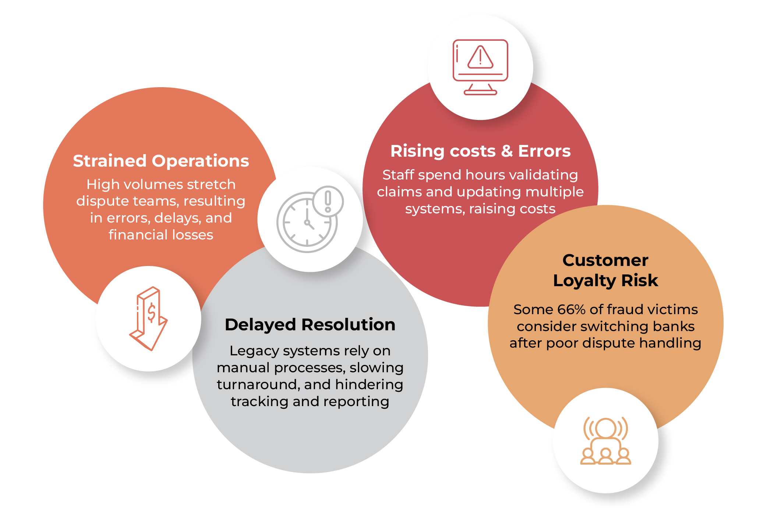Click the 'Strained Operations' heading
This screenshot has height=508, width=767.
[x=161, y=161]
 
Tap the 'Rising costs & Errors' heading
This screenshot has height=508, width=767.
[x=480, y=151]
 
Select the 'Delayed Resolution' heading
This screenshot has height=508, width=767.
[x=310, y=324]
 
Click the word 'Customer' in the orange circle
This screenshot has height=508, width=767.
[x=605, y=260]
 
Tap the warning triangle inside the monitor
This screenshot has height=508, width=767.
[x=480, y=58]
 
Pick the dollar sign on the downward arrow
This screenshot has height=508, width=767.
[x=151, y=313]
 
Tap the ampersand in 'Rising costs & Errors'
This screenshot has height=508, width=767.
[x=507, y=151]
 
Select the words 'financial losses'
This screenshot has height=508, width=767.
[x=161, y=235]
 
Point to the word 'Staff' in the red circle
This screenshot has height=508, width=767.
[x=398, y=175]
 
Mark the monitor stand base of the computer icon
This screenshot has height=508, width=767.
[x=480, y=92]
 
